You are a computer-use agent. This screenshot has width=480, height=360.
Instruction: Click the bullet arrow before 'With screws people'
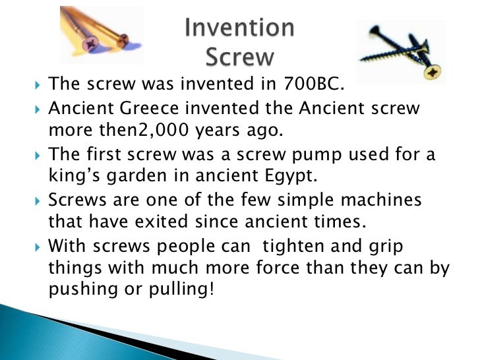coord(36,245)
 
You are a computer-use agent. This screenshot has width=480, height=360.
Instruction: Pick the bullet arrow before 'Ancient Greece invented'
coord(36,108)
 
